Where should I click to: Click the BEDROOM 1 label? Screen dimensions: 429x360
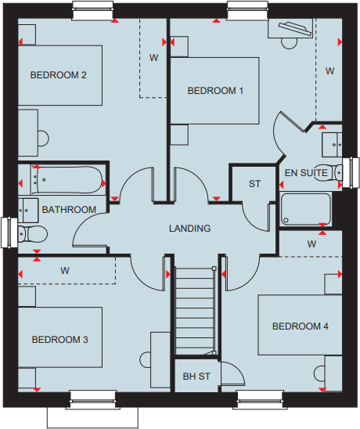(x=215, y=91)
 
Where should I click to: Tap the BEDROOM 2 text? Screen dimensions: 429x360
(x=58, y=75)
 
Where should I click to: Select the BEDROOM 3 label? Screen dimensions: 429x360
(x=59, y=340)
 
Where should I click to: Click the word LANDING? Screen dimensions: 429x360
(x=190, y=229)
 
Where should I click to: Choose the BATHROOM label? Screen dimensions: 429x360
(x=69, y=209)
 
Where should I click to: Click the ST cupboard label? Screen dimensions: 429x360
(x=254, y=184)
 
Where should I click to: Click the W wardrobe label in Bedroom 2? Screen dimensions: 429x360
(x=154, y=58)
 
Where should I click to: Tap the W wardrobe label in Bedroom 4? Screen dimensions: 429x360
(x=311, y=244)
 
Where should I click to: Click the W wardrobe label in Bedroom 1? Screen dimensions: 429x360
(x=329, y=71)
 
